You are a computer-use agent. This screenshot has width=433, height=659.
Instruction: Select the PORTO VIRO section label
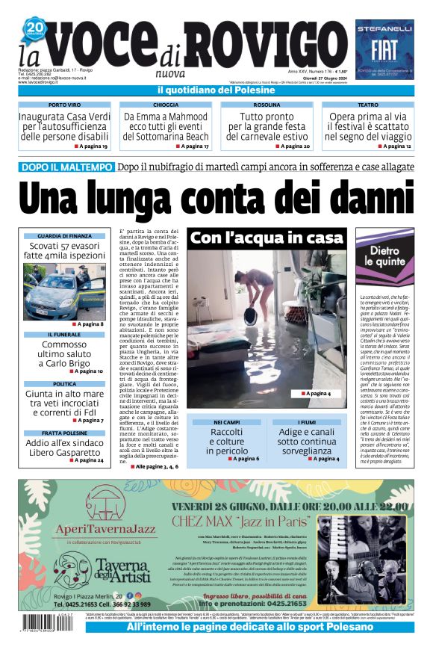(69, 105)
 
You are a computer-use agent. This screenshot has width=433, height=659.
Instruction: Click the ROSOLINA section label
(267, 105)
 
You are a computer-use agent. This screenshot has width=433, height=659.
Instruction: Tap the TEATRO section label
(367, 105)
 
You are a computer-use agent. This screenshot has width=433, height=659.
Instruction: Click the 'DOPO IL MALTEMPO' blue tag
(67, 168)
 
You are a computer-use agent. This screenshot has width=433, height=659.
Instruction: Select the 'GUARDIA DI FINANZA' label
(64, 236)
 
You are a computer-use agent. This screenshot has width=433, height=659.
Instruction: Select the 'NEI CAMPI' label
(227, 422)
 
